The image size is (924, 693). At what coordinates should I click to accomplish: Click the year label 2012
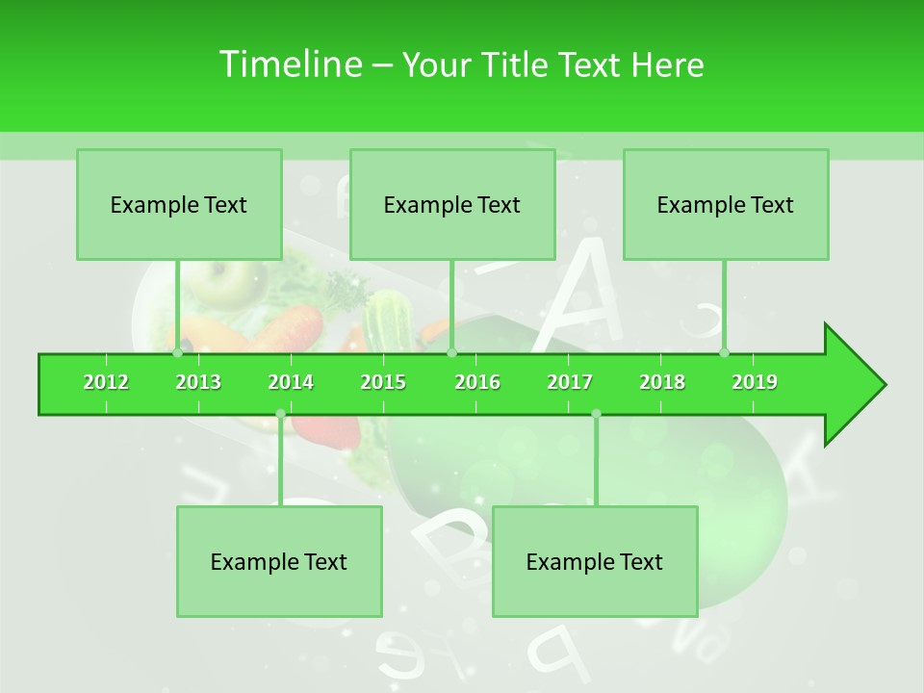click(106, 382)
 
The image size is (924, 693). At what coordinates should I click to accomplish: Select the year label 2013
click(198, 382)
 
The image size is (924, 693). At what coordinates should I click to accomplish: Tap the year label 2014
click(291, 382)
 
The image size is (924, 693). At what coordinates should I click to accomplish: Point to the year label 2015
click(383, 382)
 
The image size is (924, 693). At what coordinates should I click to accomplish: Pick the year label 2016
click(477, 382)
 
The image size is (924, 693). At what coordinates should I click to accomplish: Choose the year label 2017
click(570, 382)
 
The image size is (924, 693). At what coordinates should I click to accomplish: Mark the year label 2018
click(662, 382)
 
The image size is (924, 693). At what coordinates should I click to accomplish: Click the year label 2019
click(755, 382)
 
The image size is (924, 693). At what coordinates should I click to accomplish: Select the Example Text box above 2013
click(179, 205)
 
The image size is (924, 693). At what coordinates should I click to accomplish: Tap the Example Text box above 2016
click(452, 205)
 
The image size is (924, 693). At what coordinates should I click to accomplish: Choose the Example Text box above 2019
click(726, 205)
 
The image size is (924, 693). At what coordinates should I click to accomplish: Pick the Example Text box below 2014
click(279, 562)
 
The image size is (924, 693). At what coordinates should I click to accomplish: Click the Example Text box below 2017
click(595, 562)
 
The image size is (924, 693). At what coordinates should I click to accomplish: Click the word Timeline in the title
click(289, 64)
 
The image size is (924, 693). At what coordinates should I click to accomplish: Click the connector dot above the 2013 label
click(178, 353)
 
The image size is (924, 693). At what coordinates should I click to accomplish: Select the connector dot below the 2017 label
click(596, 413)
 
